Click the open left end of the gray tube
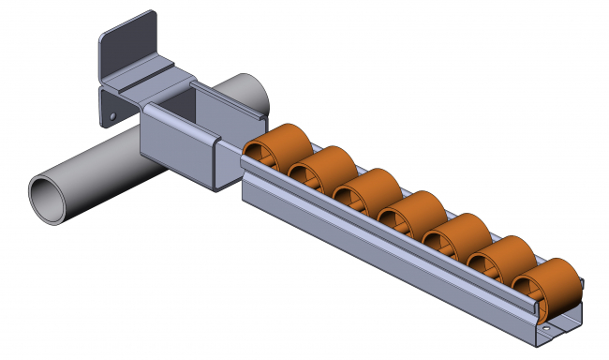tap(48, 199)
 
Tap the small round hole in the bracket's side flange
tap(111, 117)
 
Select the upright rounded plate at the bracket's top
tap(127, 46)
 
